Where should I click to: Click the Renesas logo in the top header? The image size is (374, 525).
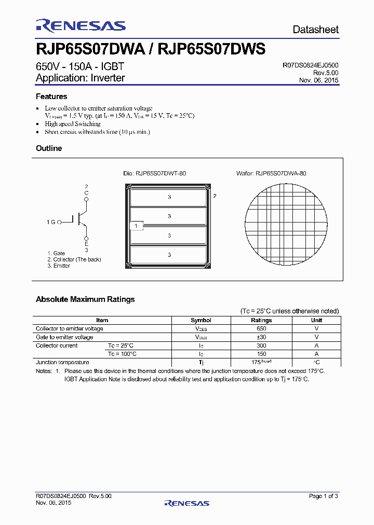pos(81,26)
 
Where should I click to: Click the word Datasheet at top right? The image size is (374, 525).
pos(315,30)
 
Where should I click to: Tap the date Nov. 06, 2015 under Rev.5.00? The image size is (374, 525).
pos(318,80)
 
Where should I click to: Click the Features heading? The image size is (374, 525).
pos(51,96)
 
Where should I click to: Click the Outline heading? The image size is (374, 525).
pos(49,148)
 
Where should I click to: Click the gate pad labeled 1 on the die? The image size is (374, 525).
pos(136,226)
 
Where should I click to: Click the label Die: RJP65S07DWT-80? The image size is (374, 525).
pos(154,173)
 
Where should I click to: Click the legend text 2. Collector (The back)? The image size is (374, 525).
pos(74,259)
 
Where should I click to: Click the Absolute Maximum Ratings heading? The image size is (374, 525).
pos(85,299)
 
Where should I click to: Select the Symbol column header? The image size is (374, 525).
pos(201,320)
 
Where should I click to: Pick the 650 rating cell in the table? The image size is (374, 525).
pos(261,328)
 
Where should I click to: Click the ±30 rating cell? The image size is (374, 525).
pos(261,337)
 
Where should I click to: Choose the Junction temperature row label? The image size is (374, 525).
pos(62,362)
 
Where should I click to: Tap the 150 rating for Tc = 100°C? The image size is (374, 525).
pos(261,354)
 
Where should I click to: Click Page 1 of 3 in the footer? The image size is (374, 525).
pos(324,496)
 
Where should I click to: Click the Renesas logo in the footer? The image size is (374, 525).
pos(186,503)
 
